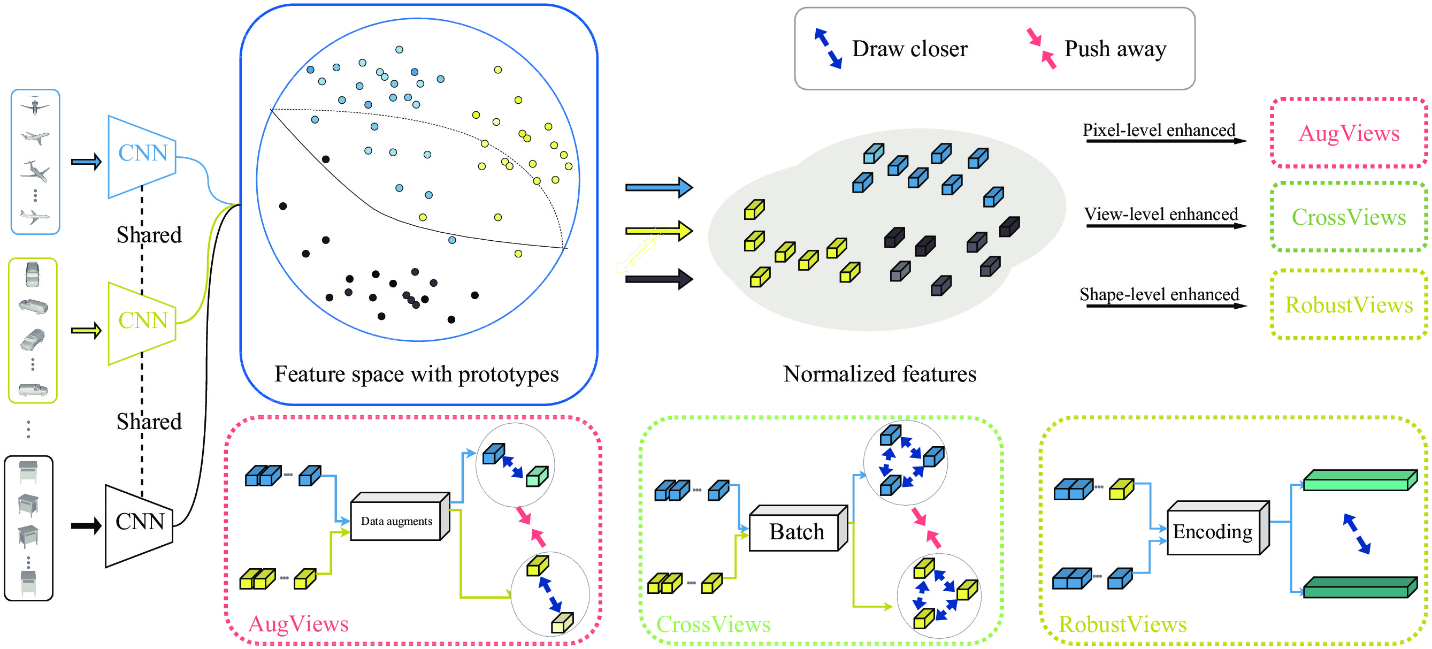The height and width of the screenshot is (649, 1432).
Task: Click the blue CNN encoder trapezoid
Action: [142, 156]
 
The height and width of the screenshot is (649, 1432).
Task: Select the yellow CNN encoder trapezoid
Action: [142, 323]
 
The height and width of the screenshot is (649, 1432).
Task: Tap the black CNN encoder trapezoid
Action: [140, 525]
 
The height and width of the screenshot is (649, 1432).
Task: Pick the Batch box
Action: [798, 528]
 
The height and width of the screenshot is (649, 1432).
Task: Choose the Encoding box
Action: [1218, 528]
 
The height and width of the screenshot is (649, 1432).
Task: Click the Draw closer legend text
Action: [909, 49]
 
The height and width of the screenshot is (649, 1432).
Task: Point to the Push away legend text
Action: [1115, 49]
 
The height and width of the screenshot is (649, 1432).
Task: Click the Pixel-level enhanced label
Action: [1159, 130]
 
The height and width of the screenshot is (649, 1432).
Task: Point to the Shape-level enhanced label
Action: [1159, 294]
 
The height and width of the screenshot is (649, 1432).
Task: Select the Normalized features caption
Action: [879, 373]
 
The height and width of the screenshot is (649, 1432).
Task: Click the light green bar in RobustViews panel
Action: [1360, 480]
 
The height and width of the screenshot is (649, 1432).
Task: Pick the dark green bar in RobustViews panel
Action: [1360, 587]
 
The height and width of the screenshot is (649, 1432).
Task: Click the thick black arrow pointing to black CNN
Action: [86, 525]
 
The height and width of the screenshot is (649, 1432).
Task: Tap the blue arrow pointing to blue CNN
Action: [86, 162]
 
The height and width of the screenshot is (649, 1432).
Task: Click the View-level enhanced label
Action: [1161, 214]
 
